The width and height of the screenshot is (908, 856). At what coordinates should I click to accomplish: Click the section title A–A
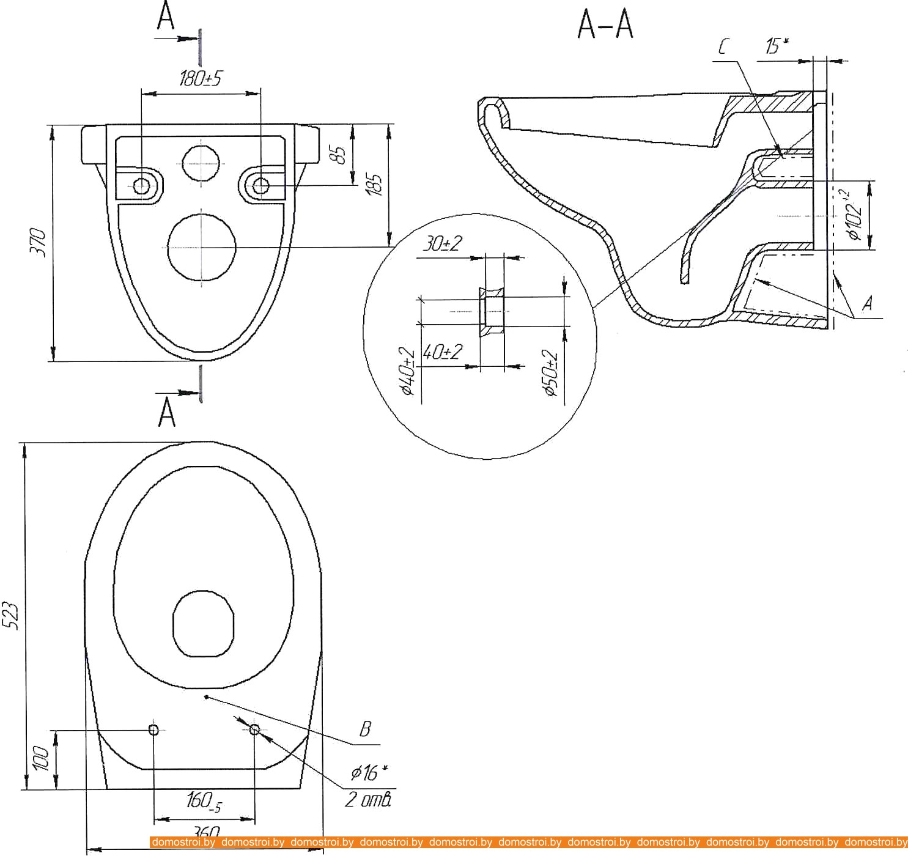tap(605, 25)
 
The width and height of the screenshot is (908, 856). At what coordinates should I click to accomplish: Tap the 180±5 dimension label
tap(201, 78)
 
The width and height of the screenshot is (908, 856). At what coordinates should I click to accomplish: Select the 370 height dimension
tap(40, 242)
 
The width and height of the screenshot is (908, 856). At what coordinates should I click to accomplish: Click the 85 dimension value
tap(341, 153)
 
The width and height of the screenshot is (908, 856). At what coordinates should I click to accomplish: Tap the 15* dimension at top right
tap(776, 46)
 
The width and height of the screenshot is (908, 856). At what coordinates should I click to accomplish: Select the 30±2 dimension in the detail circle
tap(442, 243)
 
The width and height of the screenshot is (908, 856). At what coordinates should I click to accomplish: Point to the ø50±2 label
tap(551, 374)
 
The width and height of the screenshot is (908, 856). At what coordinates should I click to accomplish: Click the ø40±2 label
tap(408, 371)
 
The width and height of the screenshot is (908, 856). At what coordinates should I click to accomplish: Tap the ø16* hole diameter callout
tap(369, 773)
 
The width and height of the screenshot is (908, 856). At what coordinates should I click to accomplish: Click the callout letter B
tap(365, 729)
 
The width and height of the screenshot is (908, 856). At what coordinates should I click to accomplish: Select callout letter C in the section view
tap(723, 46)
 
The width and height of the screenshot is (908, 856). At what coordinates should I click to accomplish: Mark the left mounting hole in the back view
tap(141, 185)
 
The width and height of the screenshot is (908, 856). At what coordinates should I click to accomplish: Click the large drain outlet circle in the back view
tap(201, 246)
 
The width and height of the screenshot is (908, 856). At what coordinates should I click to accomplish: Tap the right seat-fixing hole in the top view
tap(255, 729)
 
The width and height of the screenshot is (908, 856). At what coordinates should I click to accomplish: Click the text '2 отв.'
tap(367, 799)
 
